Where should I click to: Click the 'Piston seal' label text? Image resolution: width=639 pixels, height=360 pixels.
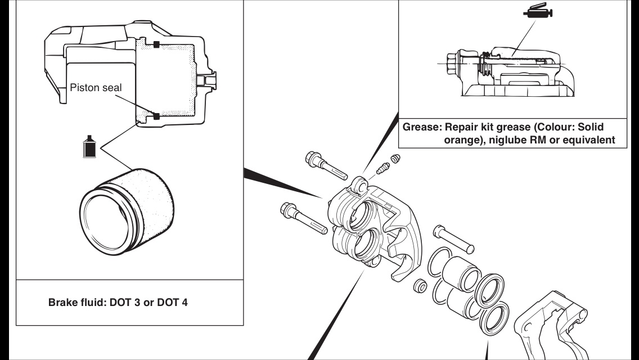[96, 88]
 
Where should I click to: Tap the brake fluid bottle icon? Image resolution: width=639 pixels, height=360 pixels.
[89, 147]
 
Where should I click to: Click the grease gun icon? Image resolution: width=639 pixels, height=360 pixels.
[538, 11]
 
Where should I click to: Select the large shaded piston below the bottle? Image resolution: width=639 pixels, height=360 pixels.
[127, 211]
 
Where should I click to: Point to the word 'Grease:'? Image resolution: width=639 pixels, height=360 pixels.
[422, 127]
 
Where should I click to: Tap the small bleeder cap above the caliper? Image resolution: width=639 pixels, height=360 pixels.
[395, 158]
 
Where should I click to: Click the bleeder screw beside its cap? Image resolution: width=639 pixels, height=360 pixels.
[382, 168]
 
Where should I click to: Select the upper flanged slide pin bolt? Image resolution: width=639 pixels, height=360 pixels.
[326, 165]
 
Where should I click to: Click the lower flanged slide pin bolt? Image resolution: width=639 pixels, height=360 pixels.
[304, 218]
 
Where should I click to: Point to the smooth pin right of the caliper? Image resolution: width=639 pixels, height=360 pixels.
[453, 239]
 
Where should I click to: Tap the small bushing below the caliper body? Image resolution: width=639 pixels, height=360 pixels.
[420, 285]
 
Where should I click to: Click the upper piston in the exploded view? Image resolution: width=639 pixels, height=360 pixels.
[461, 274]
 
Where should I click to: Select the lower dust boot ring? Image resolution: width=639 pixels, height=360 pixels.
[494, 318]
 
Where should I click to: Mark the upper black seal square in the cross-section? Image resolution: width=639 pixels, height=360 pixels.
[156, 44]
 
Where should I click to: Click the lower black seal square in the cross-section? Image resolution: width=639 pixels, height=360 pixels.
[156, 116]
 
